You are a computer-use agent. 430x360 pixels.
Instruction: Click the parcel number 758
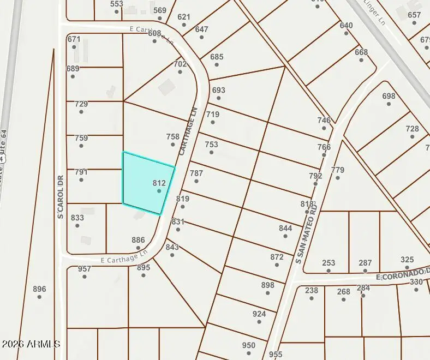(x=172, y=137)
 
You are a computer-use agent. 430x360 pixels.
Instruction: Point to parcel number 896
(x=39, y=289)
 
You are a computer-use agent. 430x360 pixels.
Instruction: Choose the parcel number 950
(x=248, y=345)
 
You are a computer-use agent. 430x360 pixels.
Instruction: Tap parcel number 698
(x=389, y=96)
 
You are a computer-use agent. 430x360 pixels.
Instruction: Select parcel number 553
(x=116, y=4)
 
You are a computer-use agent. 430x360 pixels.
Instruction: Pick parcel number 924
(x=259, y=314)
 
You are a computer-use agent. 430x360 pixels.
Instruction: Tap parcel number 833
(x=77, y=218)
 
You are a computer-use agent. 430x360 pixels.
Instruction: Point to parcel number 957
(x=84, y=269)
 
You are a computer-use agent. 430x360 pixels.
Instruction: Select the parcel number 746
(x=324, y=121)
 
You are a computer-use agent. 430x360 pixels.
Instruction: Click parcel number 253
(x=329, y=263)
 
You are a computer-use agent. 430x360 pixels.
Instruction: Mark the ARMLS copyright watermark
(x=31, y=344)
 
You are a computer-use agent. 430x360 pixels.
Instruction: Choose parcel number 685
(x=217, y=57)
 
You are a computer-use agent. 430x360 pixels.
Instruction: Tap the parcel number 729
(x=81, y=104)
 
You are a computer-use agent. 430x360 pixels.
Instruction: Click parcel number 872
(x=277, y=257)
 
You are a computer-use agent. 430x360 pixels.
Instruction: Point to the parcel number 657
(x=414, y=15)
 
